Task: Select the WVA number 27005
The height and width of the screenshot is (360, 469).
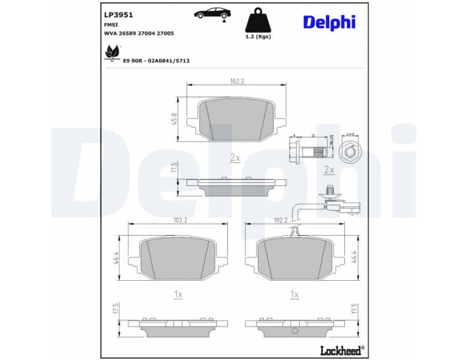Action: pos(164,34)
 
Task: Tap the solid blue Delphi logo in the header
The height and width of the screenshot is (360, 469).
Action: pos(329,22)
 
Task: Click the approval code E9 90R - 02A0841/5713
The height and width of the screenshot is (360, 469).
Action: pos(156,61)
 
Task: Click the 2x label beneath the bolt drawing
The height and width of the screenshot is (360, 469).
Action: pos(328,170)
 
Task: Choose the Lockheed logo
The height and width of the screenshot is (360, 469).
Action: pos(340,350)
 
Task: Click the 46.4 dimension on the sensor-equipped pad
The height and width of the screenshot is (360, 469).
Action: pos(354,257)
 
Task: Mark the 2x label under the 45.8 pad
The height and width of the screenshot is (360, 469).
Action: pos(235,158)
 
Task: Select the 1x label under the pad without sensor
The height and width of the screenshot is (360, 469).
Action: pos(178,294)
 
